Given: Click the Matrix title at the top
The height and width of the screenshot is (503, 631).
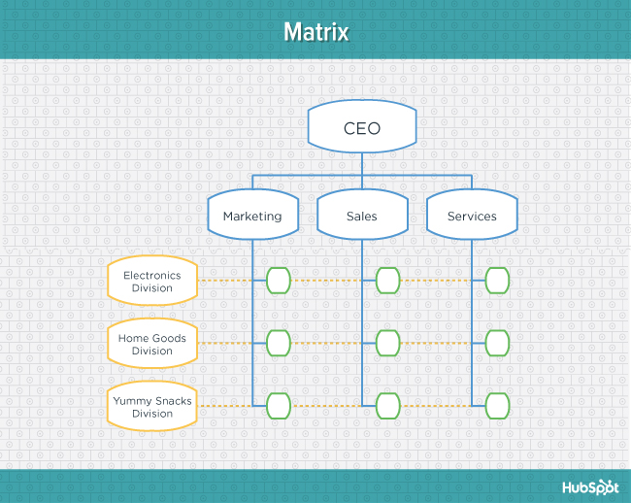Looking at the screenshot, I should coord(315,32).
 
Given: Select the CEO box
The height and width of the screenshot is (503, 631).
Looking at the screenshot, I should coord(362,128).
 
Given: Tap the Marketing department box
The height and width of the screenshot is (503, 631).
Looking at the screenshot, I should coord(252,216).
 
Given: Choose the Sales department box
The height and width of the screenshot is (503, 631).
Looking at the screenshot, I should coord(362,216).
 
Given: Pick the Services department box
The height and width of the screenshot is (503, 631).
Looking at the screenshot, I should coord(472,216).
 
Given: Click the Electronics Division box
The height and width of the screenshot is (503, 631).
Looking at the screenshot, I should coord(151,282).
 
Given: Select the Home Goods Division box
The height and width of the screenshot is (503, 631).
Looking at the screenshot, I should coord(151,345).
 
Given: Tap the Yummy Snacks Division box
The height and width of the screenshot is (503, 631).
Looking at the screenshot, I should coord(151,407).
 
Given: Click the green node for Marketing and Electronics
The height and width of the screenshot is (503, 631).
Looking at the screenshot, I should coord(279,281).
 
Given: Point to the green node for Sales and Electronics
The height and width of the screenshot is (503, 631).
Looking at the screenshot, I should coord(388,281).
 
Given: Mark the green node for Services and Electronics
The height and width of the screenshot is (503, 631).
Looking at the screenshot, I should coord(498,281).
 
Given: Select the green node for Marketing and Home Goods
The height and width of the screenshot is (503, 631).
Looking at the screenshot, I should coord(279,343).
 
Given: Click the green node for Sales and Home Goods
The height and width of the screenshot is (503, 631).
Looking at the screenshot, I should coord(388,343).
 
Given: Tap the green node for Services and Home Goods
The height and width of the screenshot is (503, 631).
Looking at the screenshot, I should coord(498,343).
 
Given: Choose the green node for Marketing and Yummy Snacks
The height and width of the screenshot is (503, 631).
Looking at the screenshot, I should coord(279,405).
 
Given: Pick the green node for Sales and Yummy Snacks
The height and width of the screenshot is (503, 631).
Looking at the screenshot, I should coord(388,405).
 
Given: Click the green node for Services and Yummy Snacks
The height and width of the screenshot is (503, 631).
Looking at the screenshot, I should coord(498,405).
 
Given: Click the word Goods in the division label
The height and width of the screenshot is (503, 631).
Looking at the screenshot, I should coord(169,339).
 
